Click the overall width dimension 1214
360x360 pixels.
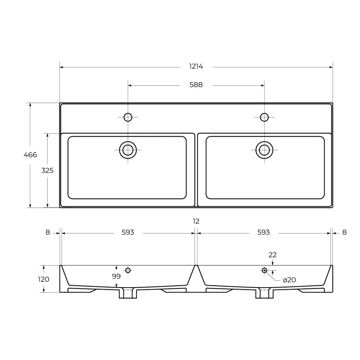[x=196, y=67]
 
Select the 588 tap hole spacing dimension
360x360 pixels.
[x=196, y=85]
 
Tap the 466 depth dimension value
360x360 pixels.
[x=30, y=155]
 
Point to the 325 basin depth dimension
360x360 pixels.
[x=47, y=170]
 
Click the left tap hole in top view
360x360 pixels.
[x=128, y=117]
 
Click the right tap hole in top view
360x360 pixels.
[x=264, y=117]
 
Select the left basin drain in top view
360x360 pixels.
[x=128, y=149]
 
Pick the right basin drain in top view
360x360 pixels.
[x=264, y=149]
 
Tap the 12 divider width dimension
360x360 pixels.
[x=196, y=221]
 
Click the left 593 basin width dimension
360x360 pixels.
[x=128, y=233]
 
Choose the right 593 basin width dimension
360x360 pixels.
[x=264, y=233]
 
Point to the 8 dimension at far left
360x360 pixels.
[x=48, y=233]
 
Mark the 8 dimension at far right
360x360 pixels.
[x=344, y=233]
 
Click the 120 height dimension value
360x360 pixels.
[x=44, y=279]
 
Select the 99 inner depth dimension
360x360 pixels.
[x=116, y=276]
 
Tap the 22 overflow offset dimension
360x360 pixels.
[x=273, y=255]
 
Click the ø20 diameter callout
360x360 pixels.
[x=289, y=280]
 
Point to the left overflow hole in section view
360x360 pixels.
[x=128, y=270]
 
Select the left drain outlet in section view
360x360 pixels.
[x=128, y=293]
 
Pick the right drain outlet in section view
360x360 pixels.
[x=264, y=293]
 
